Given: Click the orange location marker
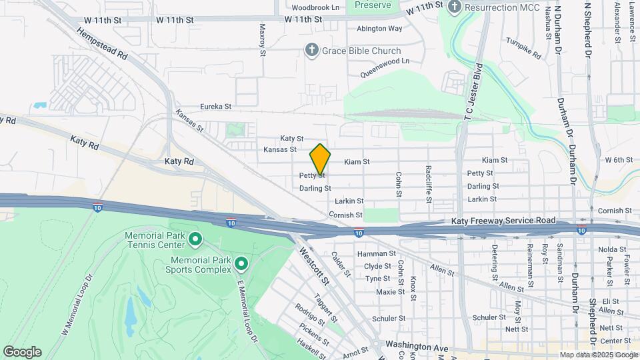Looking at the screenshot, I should pos(320,159).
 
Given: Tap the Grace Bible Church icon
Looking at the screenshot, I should pos(311,51).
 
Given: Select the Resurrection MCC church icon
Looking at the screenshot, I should pos(455,7).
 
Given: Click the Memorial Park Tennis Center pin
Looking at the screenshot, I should pos(195,238).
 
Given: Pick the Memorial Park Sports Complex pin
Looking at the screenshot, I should pos(241,265).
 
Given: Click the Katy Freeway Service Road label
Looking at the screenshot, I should pos(503,221).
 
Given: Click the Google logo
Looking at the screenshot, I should pos(22,352).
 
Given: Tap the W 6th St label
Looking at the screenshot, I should pos(618,160).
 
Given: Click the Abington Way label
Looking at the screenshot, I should pos(379,29).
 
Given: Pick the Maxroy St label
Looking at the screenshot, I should pos(262,39).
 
